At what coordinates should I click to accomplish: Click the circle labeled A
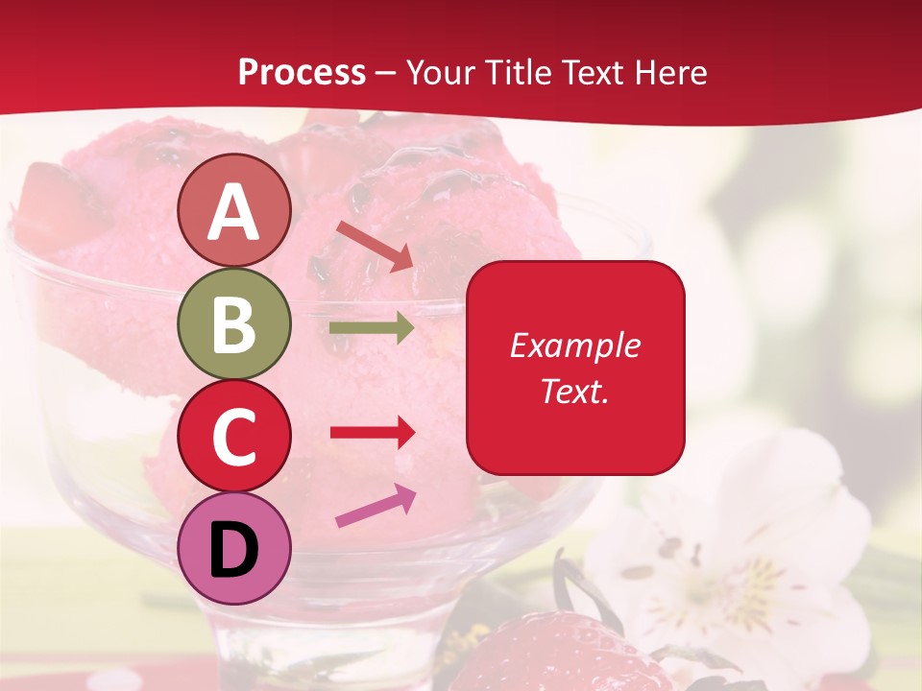(234, 211)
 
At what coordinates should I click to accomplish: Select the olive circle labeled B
(234, 324)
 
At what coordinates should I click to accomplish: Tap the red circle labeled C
(234, 437)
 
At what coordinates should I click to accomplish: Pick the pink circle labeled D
(234, 549)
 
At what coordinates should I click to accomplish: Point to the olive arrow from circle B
(372, 328)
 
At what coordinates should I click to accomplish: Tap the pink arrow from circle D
(376, 507)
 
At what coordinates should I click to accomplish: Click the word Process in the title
(302, 73)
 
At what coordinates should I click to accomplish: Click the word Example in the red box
(575, 345)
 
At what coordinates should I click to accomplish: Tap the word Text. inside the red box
(575, 392)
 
